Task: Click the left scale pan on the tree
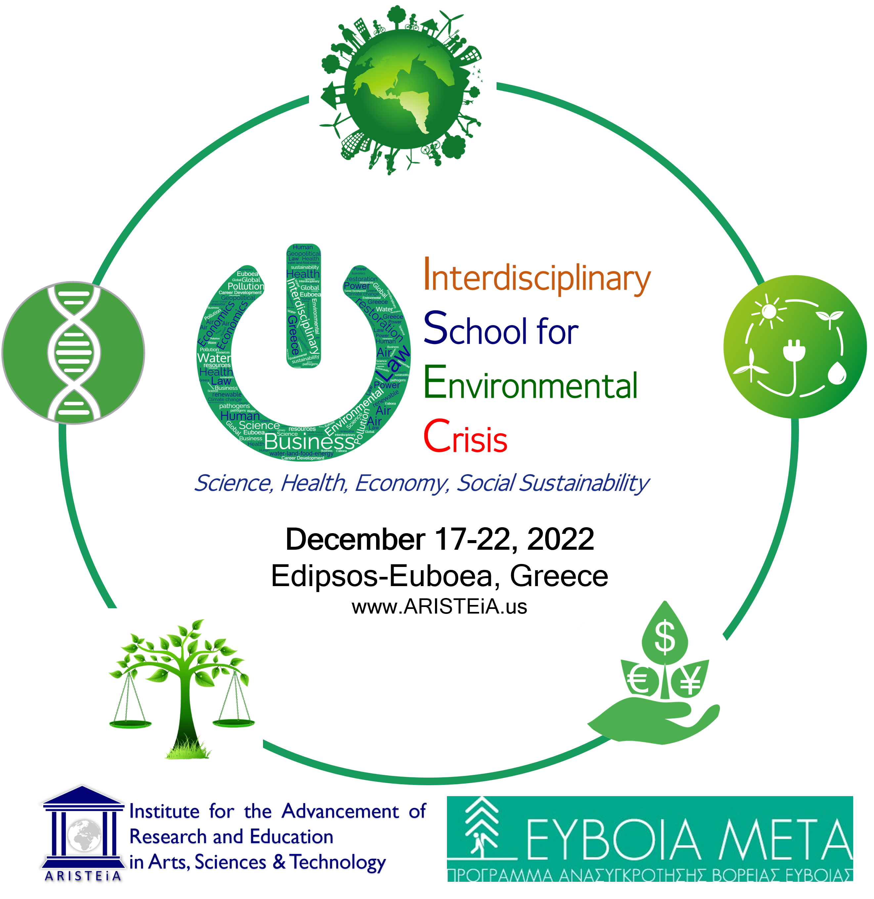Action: click(x=130, y=724)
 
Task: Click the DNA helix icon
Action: click(x=73, y=353)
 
